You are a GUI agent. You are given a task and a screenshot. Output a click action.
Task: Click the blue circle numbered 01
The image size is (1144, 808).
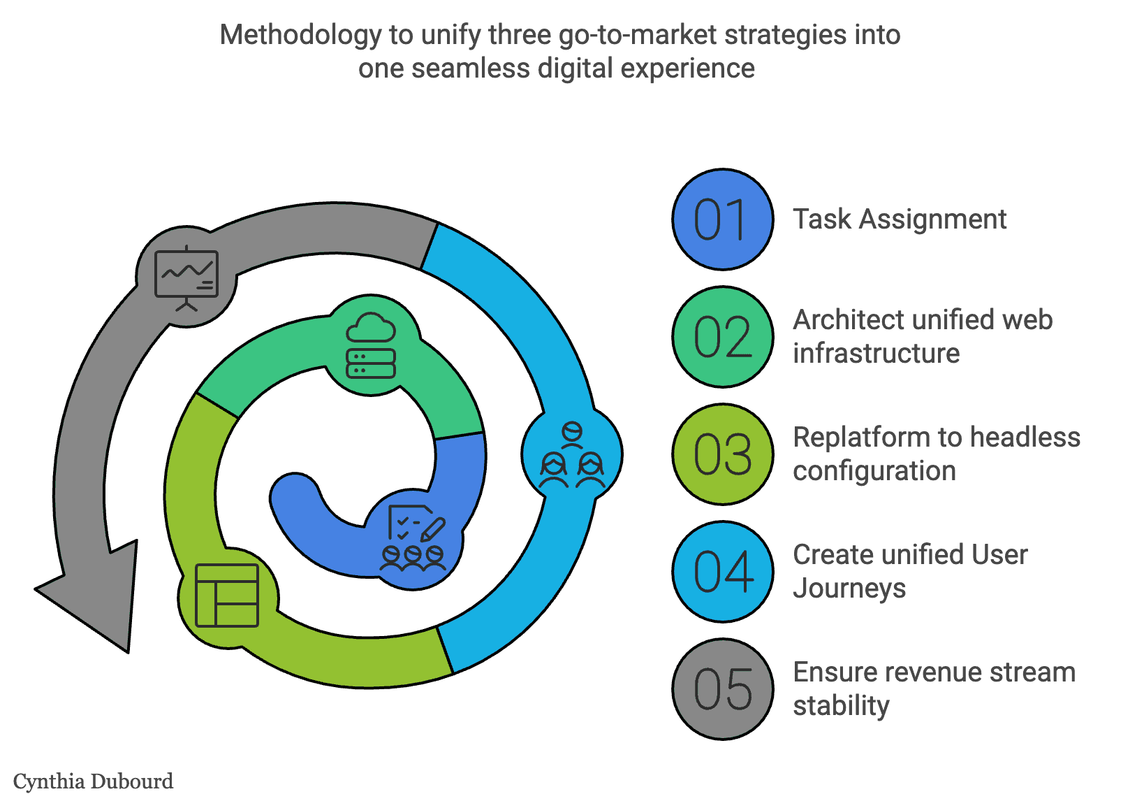coord(723,219)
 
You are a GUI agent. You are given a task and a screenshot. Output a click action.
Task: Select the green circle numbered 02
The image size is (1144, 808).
coord(723,337)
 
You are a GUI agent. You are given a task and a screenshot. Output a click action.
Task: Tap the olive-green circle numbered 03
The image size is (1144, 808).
coord(723,454)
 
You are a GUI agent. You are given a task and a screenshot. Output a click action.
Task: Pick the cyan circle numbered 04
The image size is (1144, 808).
coord(723,572)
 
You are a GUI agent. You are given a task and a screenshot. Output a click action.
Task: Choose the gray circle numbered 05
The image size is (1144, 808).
coord(723,689)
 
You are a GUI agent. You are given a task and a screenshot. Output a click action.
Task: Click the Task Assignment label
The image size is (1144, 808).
coord(900,219)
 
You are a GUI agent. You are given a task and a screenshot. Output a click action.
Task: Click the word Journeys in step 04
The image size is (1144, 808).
coord(849,589)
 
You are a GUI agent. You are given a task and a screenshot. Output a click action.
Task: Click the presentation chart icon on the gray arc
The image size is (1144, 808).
coord(186,277)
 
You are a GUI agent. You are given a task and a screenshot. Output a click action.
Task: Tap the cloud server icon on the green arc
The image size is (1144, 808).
coord(371,345)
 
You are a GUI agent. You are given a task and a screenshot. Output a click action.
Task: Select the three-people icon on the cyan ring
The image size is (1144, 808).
coord(572,455)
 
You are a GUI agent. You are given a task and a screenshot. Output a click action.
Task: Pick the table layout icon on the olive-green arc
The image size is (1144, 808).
coord(227,596)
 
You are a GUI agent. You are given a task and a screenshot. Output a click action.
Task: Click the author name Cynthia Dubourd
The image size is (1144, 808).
coord(93,781)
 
